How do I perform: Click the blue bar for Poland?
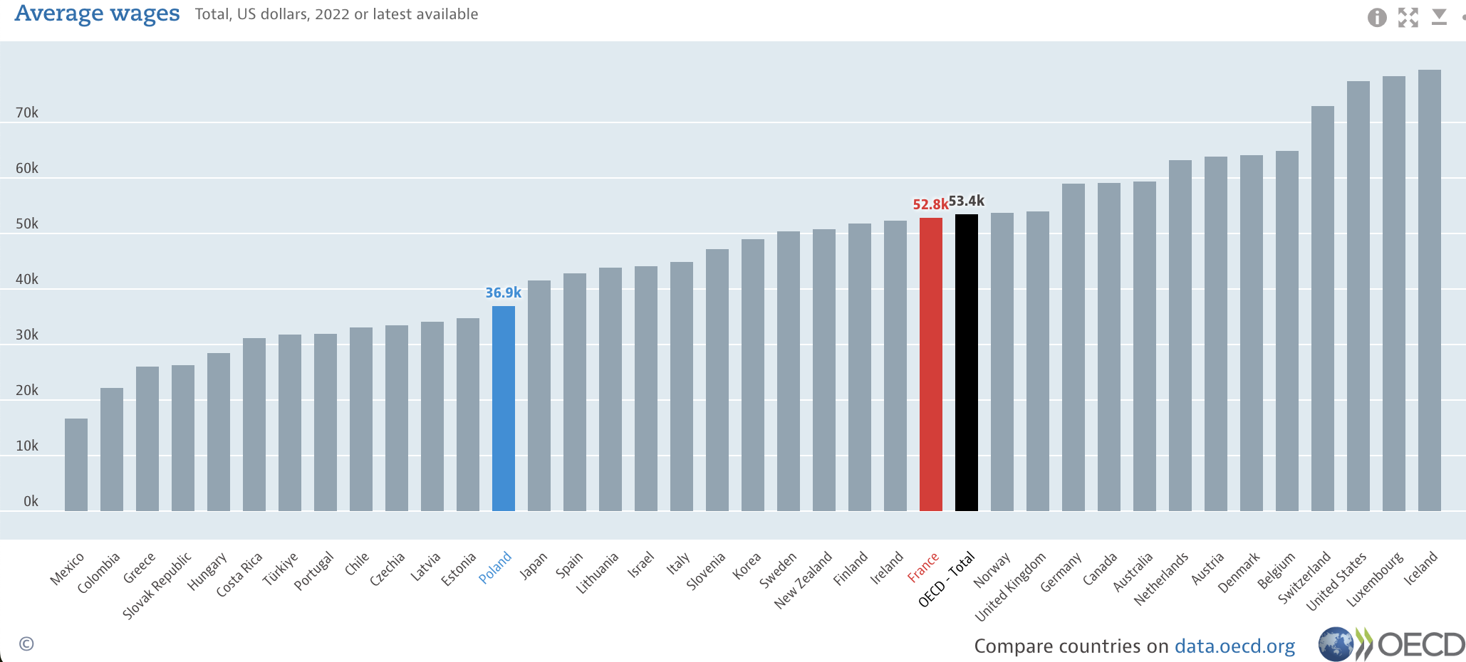click(x=504, y=409)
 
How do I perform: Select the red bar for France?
click(x=931, y=364)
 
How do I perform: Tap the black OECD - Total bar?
click(x=967, y=363)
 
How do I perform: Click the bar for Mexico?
click(x=76, y=465)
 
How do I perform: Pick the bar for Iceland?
click(x=1430, y=290)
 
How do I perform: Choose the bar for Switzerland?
click(x=1323, y=309)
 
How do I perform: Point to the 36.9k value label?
click(x=503, y=293)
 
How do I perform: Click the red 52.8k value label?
click(x=930, y=204)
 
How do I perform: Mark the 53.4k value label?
click(x=967, y=201)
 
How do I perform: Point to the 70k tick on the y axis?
click(x=27, y=112)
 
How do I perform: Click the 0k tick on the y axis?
click(x=31, y=501)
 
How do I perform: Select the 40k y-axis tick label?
click(x=27, y=279)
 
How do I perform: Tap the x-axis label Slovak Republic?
click(x=157, y=585)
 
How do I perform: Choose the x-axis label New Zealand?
click(x=804, y=579)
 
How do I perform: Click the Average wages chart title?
click(x=98, y=14)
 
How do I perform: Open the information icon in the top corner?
click(x=1377, y=17)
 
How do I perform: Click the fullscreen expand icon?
click(x=1408, y=17)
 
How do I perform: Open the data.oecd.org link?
click(x=1234, y=646)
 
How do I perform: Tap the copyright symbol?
click(x=26, y=643)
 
